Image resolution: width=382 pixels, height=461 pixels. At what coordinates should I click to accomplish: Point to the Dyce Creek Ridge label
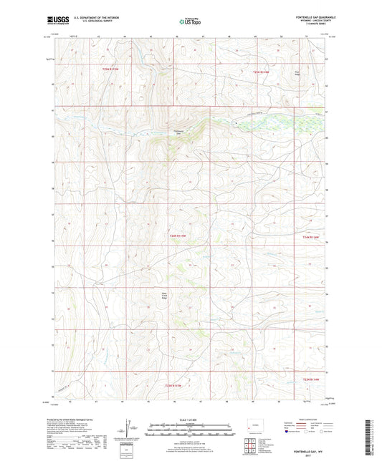tap(163, 295)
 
